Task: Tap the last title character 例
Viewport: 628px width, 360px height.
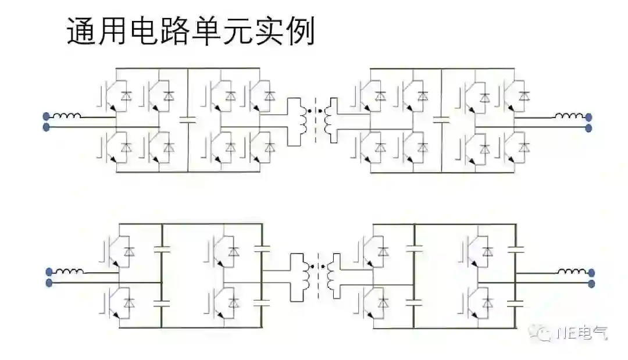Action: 301,33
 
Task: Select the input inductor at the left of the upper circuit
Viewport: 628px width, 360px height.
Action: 68,116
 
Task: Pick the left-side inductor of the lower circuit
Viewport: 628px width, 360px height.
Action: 70,272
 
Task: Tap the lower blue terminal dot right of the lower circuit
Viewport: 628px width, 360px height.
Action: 591,283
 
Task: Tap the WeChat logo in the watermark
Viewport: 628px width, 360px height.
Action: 545,333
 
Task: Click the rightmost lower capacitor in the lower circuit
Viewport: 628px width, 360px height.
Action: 515,302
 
